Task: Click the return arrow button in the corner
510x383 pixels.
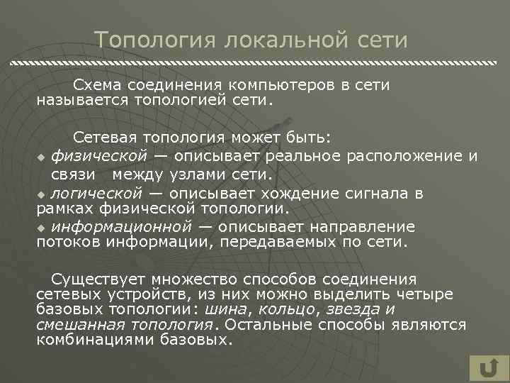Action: [x=487, y=368]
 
